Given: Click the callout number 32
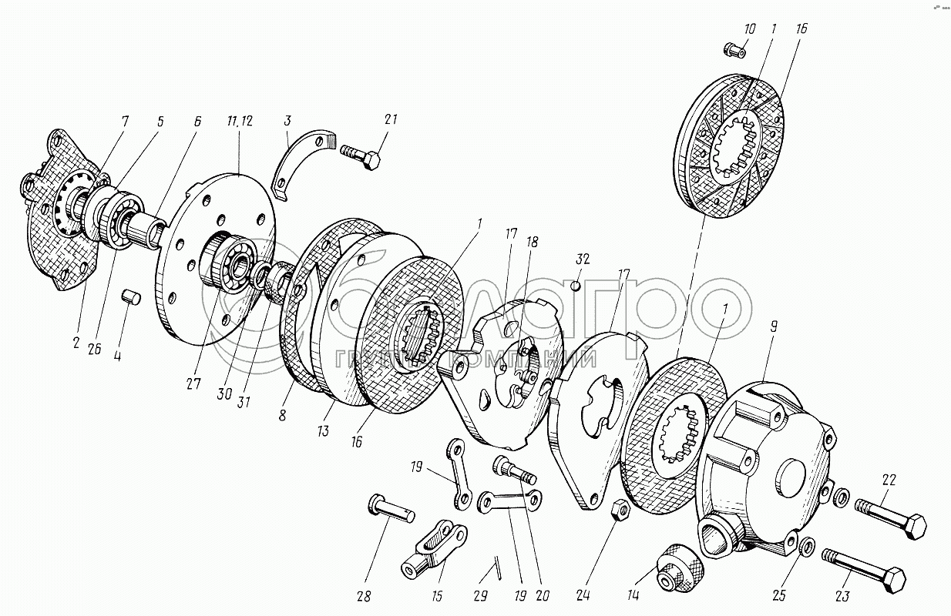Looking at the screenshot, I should click(x=582, y=259).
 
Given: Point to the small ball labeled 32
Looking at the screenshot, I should click(x=574, y=286).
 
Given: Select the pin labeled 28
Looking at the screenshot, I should click(x=391, y=508).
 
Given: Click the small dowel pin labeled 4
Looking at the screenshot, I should click(x=130, y=296).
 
